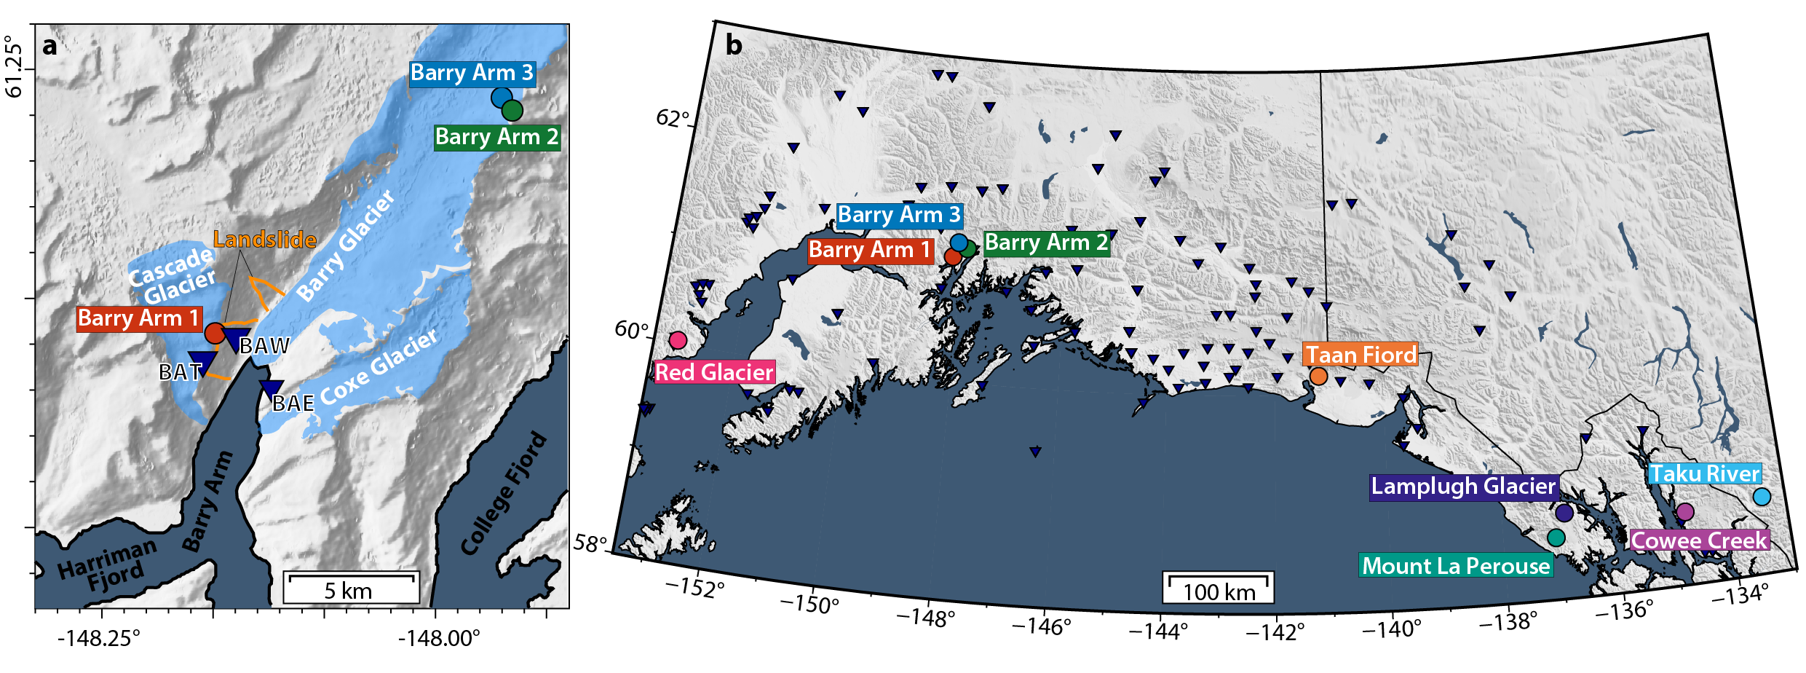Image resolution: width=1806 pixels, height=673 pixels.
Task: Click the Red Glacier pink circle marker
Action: (678, 339)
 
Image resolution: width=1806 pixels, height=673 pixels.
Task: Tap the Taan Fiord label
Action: (1360, 355)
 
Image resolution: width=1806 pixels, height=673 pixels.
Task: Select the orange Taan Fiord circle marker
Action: (1318, 376)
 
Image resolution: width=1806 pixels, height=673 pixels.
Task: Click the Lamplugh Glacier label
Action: (1463, 486)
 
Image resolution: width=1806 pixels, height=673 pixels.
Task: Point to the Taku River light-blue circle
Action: (1762, 497)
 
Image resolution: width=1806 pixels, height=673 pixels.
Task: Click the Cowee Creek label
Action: (1699, 540)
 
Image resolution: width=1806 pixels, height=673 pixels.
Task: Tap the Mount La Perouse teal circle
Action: (1556, 538)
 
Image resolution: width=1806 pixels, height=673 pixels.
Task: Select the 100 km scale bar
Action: (1218, 587)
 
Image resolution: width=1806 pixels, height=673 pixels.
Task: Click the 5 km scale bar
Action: (351, 587)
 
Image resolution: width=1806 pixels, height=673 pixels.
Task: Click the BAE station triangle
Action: (272, 389)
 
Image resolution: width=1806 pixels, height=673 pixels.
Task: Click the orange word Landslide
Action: (265, 240)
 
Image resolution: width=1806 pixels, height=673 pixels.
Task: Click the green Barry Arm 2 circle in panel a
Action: (512, 110)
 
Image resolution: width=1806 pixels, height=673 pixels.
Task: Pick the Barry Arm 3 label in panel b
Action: (900, 215)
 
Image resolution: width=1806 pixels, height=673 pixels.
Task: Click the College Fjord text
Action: (503, 493)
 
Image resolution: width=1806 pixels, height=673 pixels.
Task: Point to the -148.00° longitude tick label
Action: (439, 639)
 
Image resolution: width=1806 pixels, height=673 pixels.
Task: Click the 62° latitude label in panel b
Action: (672, 118)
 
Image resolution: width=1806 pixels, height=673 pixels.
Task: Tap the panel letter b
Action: (734, 45)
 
